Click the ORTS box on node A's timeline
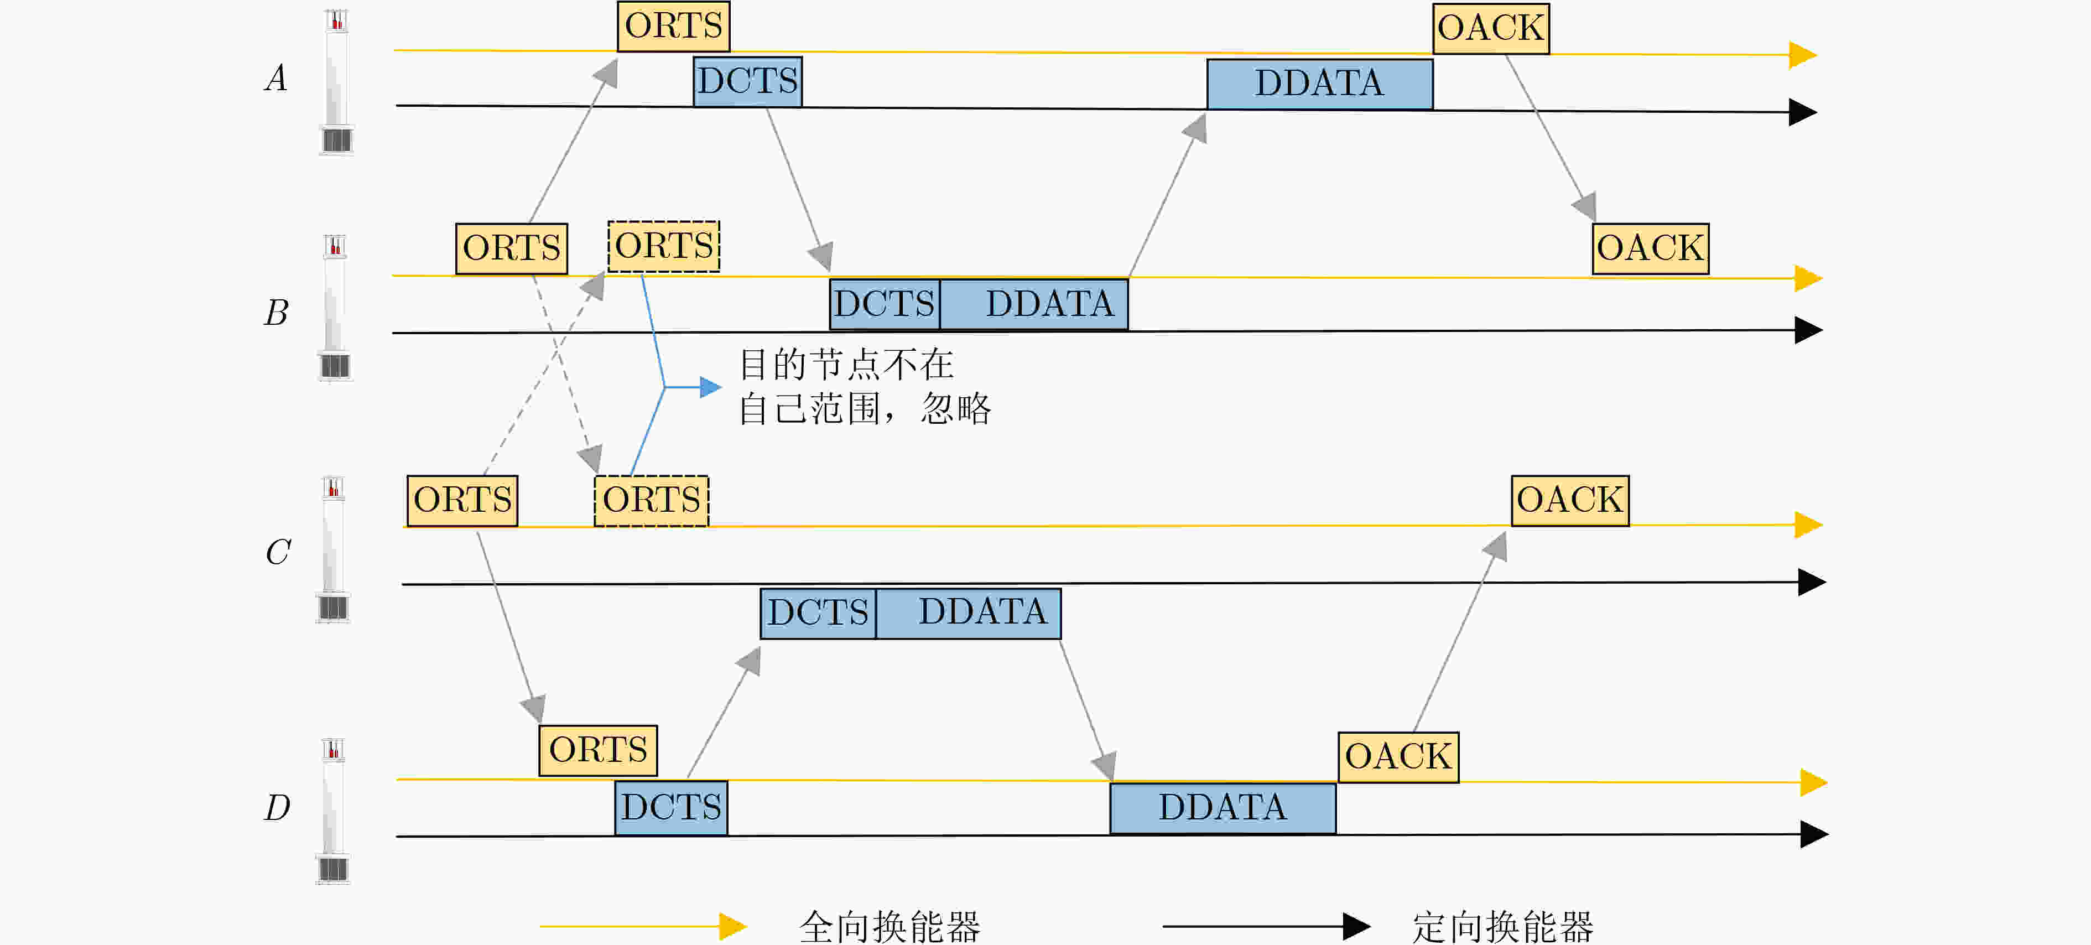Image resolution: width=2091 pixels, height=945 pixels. [674, 27]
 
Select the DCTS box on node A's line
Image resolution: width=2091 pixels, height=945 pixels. [747, 81]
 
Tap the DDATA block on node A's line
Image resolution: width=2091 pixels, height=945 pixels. [1320, 84]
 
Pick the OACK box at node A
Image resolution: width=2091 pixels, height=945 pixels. [1491, 28]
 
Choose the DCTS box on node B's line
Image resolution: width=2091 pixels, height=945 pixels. [885, 304]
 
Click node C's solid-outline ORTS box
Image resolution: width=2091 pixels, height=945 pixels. [462, 501]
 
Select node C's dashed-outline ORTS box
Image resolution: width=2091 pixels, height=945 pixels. [652, 501]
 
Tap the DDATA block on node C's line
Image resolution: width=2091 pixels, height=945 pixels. [969, 614]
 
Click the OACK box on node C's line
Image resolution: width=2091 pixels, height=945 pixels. [1570, 501]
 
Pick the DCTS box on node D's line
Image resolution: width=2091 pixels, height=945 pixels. [672, 808]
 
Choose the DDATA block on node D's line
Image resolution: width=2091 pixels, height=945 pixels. [1223, 808]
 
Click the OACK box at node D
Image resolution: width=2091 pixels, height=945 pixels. [1398, 757]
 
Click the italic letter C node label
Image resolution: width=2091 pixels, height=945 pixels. [278, 553]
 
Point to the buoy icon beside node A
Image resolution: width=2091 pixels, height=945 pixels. [337, 82]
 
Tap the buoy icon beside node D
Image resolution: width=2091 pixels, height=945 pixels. [333, 810]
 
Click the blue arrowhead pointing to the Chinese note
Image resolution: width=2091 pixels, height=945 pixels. [711, 387]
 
